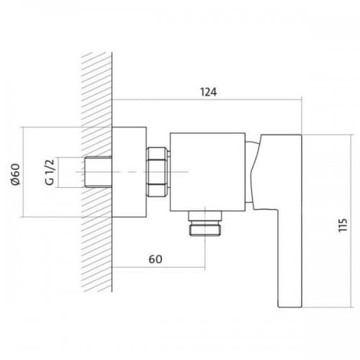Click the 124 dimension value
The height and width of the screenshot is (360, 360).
click(x=208, y=92)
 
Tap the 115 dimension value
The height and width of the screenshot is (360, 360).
click(x=343, y=225)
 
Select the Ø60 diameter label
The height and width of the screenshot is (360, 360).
click(x=16, y=174)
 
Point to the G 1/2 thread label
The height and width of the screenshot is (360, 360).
click(x=50, y=172)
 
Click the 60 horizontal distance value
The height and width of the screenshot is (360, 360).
click(x=156, y=259)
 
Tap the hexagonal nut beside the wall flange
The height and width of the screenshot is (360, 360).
click(x=158, y=172)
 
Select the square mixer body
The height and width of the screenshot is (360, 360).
click(x=207, y=172)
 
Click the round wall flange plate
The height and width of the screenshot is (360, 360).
click(x=130, y=172)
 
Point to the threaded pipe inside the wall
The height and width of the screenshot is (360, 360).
click(x=99, y=172)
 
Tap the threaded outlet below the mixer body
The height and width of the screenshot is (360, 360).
click(x=205, y=224)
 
